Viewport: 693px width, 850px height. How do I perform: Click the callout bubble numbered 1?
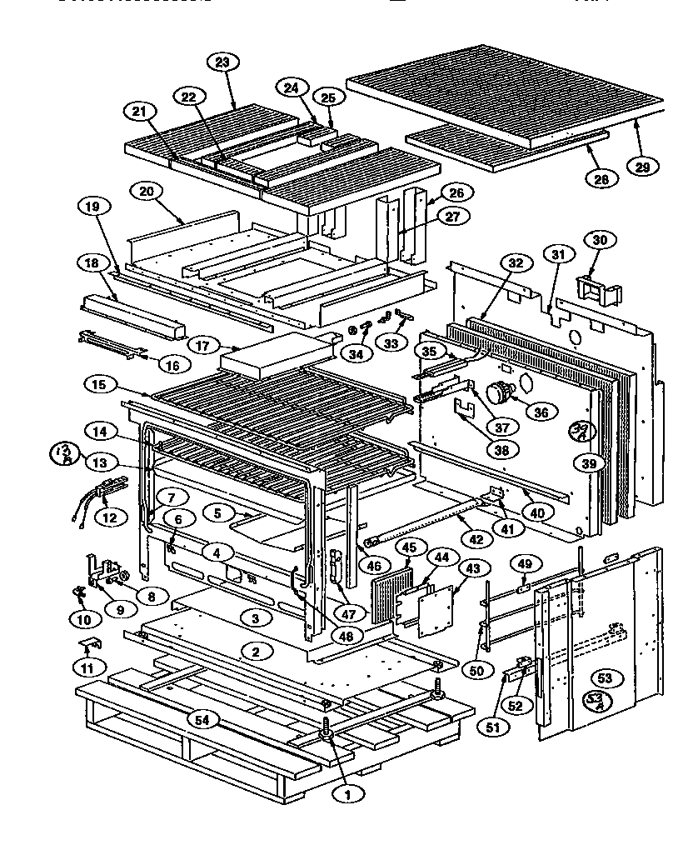(347, 794)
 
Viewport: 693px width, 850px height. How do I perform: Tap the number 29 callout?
(643, 166)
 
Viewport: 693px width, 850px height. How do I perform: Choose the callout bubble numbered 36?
(542, 412)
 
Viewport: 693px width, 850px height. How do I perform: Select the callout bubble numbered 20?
(147, 191)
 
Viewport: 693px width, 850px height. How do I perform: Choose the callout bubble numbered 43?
(472, 567)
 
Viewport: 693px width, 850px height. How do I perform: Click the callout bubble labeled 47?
(348, 612)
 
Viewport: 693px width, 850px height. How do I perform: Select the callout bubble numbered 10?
(82, 619)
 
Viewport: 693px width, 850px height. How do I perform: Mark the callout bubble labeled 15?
(100, 385)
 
